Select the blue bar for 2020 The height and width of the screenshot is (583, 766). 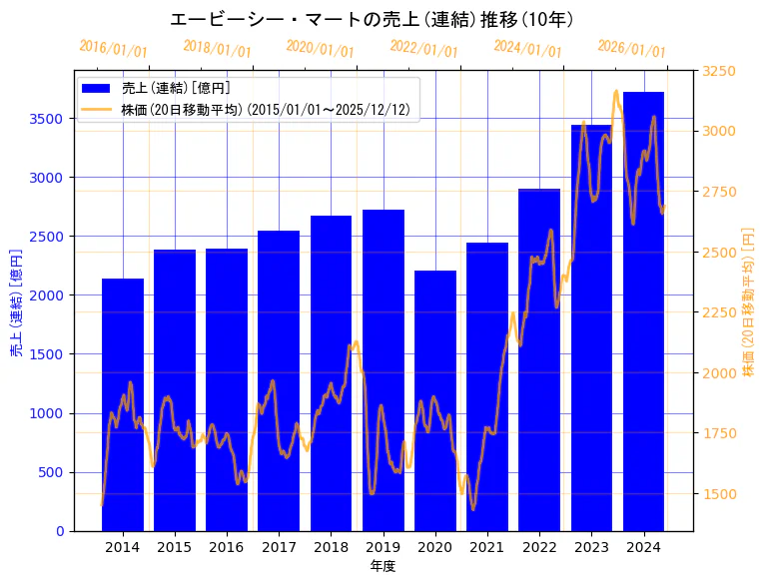[x=435, y=400]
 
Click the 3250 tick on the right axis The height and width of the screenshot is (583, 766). [x=720, y=71]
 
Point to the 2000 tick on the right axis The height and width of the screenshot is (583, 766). [x=720, y=373]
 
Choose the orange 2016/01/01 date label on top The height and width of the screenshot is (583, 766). [x=113, y=49]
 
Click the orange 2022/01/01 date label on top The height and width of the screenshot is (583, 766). [x=423, y=49]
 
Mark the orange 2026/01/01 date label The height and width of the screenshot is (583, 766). [x=631, y=49]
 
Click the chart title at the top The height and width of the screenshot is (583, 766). [x=372, y=19]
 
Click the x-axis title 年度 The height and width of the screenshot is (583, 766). [x=383, y=565]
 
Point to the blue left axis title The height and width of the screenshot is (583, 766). [x=16, y=300]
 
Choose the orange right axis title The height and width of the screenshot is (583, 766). [x=748, y=300]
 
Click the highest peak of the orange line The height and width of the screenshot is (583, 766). [x=616, y=91]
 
